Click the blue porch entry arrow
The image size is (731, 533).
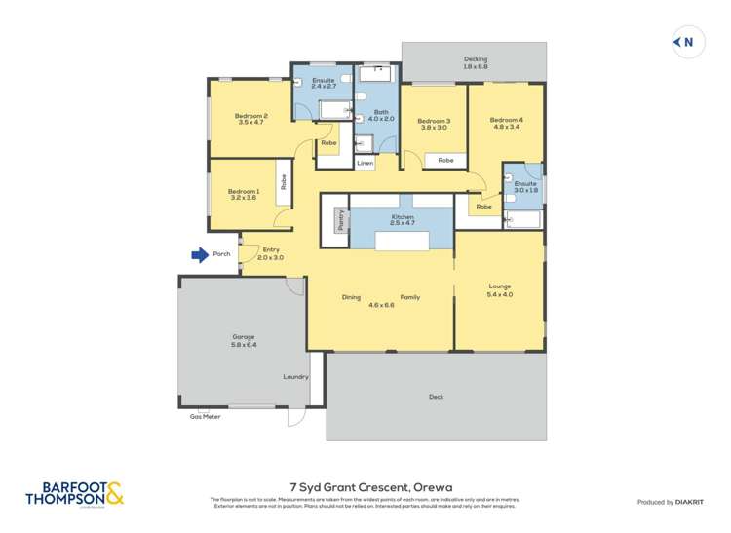point(200,255)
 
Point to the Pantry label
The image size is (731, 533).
point(340,222)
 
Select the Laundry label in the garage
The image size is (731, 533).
point(295,376)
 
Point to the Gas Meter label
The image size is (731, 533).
point(205,416)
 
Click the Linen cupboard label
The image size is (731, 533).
point(365,164)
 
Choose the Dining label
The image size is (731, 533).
point(353,297)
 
